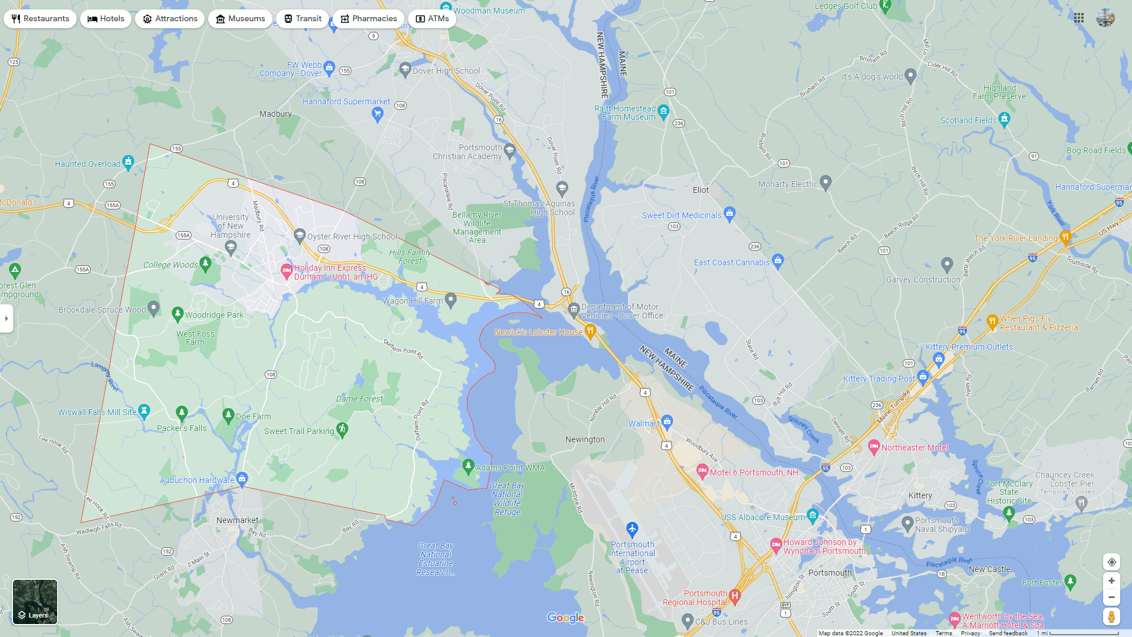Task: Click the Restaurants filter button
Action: [x=40, y=19]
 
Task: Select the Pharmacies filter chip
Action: [x=368, y=19]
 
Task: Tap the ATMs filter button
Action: [x=432, y=19]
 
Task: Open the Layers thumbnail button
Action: [x=35, y=602]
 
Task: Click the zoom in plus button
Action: [x=1111, y=581]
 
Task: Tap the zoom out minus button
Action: [x=1111, y=597]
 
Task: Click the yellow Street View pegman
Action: [x=1111, y=617]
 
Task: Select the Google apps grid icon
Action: [x=1079, y=18]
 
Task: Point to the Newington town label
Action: [x=585, y=439]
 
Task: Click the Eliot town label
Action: [x=700, y=190]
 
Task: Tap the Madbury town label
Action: [x=275, y=114]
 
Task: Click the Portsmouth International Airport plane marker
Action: [x=632, y=528]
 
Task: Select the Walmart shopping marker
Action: [x=667, y=421]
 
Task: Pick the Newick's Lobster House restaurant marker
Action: [x=590, y=330]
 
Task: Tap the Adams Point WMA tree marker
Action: [x=468, y=466]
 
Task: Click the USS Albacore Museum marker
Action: [x=813, y=515]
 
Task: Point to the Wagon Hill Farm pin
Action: [x=451, y=300]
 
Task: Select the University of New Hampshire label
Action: [x=231, y=226]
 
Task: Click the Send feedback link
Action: [x=1008, y=633]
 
